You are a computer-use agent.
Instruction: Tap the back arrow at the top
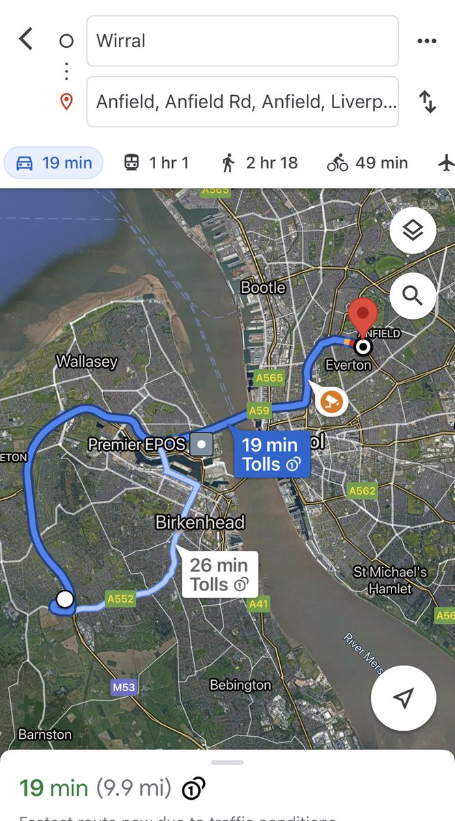[x=26, y=39]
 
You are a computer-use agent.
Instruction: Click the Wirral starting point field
[x=242, y=41]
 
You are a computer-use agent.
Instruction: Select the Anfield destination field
[x=242, y=102]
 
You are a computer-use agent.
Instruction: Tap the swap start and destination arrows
[x=428, y=102]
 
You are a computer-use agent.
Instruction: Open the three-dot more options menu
[x=426, y=41]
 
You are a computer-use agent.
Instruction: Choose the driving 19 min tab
[x=53, y=163]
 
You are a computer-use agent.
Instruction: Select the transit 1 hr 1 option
[x=156, y=163]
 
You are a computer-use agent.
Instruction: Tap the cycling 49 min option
[x=368, y=163]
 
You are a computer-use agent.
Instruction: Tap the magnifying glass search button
[x=413, y=296]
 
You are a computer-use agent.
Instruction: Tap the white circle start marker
[x=65, y=599]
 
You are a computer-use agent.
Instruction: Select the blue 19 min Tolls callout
[x=271, y=454]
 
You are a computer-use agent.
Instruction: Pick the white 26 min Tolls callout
[x=219, y=575]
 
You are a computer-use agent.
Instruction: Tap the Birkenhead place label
[x=199, y=523]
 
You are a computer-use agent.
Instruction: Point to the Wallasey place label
[x=87, y=361]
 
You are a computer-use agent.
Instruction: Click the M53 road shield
[x=124, y=687]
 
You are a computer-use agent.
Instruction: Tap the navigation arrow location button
[x=403, y=698]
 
